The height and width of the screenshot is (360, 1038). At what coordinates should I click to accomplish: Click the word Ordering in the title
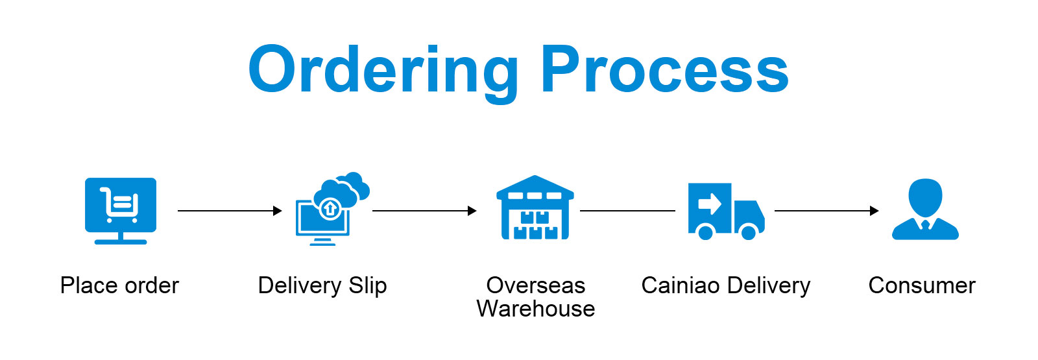383,70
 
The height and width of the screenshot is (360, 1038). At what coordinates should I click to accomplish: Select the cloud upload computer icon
332,209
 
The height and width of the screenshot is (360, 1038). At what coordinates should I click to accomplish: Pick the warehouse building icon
535,208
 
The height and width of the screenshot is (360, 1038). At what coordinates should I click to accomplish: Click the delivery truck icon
726,211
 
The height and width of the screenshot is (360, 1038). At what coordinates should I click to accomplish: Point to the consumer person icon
925,209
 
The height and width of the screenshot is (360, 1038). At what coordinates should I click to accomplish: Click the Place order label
119,285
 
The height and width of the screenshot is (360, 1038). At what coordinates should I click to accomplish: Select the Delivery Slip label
322,285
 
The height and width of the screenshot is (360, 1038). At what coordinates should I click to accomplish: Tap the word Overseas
536,285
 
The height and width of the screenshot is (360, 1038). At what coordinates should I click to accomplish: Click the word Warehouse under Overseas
536,309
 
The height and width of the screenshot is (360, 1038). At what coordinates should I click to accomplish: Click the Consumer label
922,285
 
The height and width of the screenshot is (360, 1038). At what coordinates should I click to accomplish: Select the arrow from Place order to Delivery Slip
230,211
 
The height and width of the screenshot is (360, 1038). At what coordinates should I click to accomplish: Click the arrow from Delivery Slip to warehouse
424,211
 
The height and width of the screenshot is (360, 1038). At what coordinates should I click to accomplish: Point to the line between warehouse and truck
627,211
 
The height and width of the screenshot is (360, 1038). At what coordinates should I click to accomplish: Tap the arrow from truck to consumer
827,211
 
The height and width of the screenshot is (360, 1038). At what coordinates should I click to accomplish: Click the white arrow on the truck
710,204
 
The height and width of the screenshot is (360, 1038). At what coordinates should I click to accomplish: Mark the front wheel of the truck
749,232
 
